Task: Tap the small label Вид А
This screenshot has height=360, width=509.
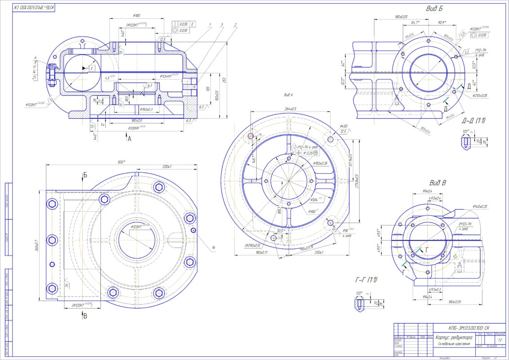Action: (288, 95)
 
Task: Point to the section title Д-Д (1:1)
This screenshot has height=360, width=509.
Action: (473, 121)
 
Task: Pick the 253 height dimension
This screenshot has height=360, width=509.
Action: (223, 80)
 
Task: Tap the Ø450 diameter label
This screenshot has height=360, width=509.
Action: (344, 126)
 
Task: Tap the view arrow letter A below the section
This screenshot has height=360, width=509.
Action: (129, 139)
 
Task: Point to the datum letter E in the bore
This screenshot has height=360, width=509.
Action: (91, 68)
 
